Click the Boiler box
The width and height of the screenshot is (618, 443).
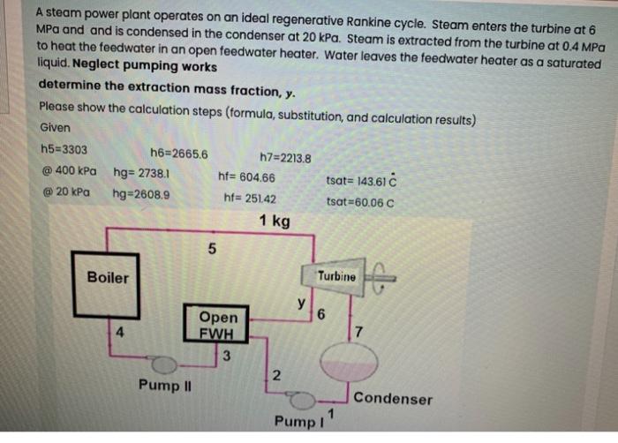[107, 278]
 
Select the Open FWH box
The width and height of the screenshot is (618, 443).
[218, 324]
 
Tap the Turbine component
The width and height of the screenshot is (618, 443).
[336, 276]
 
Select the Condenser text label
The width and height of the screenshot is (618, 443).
[393, 399]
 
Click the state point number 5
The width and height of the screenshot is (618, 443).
[211, 249]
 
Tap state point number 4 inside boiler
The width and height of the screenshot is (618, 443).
[117, 333]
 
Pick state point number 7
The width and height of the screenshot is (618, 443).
[358, 333]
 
